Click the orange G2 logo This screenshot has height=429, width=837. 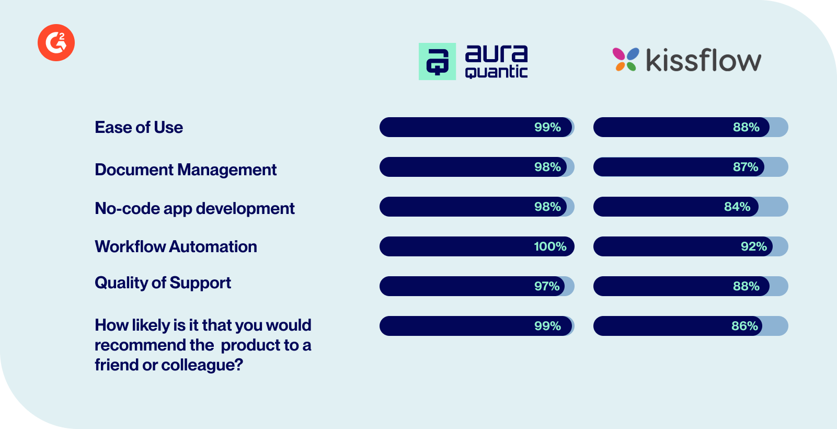(x=56, y=42)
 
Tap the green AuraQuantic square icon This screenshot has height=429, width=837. (x=437, y=61)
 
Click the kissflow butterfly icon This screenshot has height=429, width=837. (x=625, y=59)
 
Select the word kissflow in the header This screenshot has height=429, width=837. (x=703, y=60)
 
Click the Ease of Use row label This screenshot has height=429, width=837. (x=139, y=127)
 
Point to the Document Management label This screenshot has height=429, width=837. (x=186, y=170)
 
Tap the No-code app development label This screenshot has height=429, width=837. (x=194, y=208)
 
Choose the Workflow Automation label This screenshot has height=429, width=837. (x=176, y=246)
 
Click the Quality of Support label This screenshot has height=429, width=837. (x=163, y=283)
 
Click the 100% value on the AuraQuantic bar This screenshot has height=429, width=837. (x=550, y=246)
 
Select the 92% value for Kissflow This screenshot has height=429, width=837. (x=753, y=246)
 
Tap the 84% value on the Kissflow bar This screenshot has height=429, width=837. (x=737, y=207)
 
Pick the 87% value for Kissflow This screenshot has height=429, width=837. (x=746, y=167)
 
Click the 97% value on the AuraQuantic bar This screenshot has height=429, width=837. (x=547, y=286)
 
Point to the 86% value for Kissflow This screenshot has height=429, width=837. (x=744, y=326)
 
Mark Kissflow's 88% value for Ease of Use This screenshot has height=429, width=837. (x=746, y=127)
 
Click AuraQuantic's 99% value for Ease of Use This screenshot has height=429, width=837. (x=547, y=127)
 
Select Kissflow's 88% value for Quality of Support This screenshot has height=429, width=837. (x=746, y=286)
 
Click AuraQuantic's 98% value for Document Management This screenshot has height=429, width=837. (x=547, y=167)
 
